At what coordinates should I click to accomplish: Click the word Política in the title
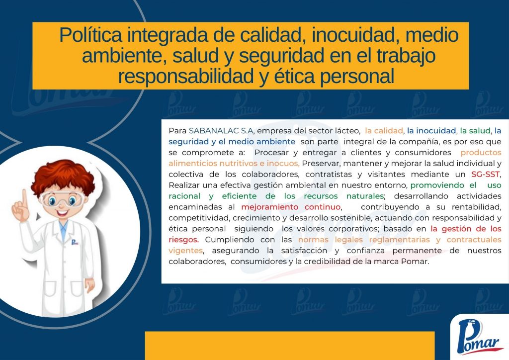tap(90, 35)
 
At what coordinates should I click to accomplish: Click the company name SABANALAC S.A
tap(221, 131)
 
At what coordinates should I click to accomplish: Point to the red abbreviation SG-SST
tap(485, 175)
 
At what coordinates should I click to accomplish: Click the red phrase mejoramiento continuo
tap(291, 207)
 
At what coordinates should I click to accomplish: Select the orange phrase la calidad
tap(384, 131)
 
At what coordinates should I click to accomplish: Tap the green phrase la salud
tap(475, 131)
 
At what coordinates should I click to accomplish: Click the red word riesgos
tap(183, 240)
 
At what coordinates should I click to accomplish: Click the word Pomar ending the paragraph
tap(414, 262)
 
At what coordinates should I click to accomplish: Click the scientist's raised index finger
tap(24, 197)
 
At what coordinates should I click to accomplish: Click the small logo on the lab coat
tap(75, 242)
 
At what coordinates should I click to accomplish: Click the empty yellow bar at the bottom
tap(290, 346)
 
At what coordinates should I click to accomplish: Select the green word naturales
tap(365, 196)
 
